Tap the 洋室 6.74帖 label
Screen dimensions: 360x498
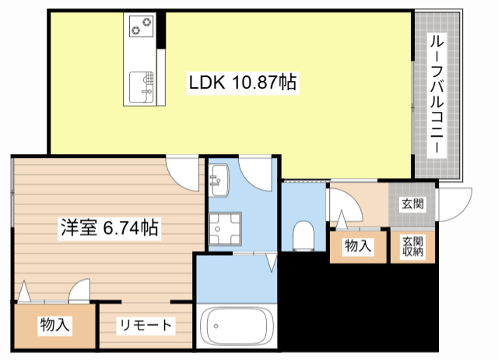pyautogui.click(x=110, y=228)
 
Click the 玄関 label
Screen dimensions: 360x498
pyautogui.click(x=412, y=204)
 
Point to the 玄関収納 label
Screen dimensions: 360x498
pyautogui.click(x=412, y=246)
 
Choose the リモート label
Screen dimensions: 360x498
pyautogui.click(x=146, y=325)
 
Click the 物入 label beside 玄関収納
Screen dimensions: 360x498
pyautogui.click(x=357, y=246)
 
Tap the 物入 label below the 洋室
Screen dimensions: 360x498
pyautogui.click(x=54, y=324)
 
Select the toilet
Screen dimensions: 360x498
pyautogui.click(x=303, y=234)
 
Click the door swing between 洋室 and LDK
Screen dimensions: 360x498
pyautogui.click(x=185, y=173)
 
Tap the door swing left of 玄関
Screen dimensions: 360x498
pyautogui.click(x=342, y=207)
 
